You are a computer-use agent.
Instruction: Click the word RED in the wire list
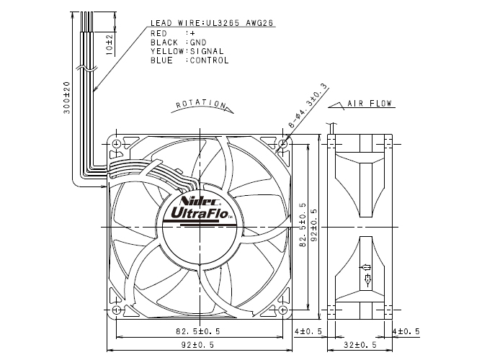[x=160, y=33]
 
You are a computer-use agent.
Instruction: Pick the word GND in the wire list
[x=197, y=42]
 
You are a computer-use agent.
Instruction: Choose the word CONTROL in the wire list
[x=209, y=60]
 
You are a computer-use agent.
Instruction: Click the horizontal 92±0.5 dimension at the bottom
[x=199, y=345]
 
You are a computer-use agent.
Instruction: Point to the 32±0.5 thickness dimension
[x=358, y=345]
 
